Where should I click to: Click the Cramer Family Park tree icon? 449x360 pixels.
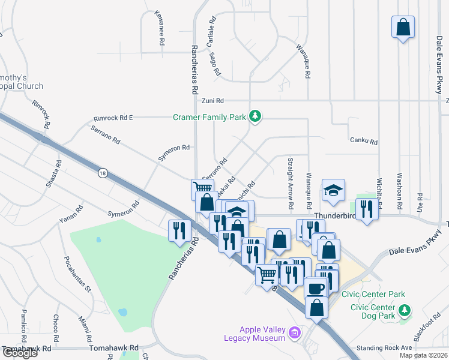click(256, 116)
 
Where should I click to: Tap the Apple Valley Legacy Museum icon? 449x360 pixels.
click(294, 332)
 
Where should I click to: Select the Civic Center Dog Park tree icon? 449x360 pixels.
click(405, 310)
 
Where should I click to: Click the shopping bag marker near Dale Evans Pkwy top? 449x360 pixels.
click(403, 27)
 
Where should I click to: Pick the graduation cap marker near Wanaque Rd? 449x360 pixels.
click(333, 190)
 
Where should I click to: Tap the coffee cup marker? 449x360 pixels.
click(315, 287)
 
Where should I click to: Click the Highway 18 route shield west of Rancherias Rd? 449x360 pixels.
click(103, 173)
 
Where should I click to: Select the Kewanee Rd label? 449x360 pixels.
click(160, 28)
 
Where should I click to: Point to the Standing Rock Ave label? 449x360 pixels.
click(384, 347)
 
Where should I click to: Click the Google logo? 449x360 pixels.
click(19, 353)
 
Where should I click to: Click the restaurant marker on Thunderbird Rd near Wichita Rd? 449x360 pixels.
click(366, 209)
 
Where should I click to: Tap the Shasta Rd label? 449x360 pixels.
click(53, 172)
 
